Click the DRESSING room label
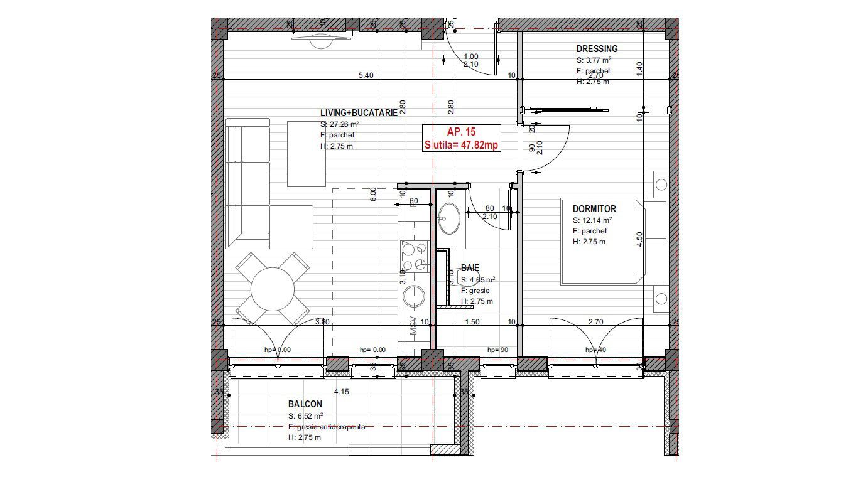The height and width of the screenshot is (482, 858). (x=597, y=49)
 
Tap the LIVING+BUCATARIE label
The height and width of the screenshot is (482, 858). (x=359, y=113)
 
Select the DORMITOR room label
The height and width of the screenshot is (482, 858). (x=594, y=209)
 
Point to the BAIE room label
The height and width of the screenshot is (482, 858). (x=470, y=268)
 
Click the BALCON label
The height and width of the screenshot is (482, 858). (x=305, y=405)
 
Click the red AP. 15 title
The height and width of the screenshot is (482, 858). (x=462, y=132)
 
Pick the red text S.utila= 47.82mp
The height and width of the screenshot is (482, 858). (x=462, y=145)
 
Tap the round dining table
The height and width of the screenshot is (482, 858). (x=273, y=290)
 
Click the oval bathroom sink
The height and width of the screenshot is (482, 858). (x=449, y=218)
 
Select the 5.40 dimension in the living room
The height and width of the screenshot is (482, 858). (x=366, y=75)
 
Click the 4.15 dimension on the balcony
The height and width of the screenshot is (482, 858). (x=341, y=392)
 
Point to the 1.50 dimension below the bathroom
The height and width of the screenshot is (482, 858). (x=472, y=323)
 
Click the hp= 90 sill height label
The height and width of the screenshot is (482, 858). (x=497, y=350)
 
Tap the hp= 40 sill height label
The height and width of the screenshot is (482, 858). (x=595, y=350)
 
